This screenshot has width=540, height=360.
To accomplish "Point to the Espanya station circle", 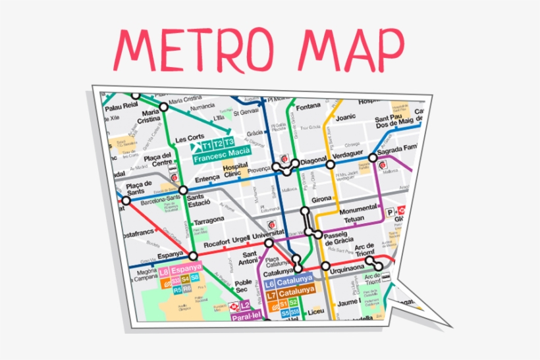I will tap(193, 255).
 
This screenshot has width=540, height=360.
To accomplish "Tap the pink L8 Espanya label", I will tap(179, 270).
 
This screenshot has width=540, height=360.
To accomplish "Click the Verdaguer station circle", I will tap(331, 164).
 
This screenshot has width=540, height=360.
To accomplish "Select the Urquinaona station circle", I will tap(325, 267).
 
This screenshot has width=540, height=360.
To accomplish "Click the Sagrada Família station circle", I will tap(373, 158).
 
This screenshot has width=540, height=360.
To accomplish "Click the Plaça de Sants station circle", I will tap(126, 201).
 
